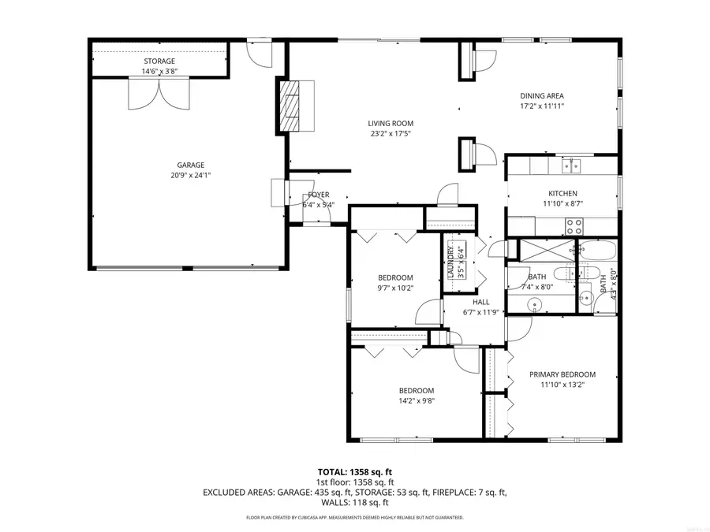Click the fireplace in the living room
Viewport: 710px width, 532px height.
click(293, 106)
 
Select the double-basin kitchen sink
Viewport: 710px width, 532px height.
click(571, 165)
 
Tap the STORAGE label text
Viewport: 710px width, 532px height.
click(159, 61)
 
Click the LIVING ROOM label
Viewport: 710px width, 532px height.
click(390, 123)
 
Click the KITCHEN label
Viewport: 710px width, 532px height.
click(562, 193)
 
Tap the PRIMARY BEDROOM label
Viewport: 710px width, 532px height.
click(562, 374)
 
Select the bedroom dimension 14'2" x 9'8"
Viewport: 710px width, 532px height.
click(416, 401)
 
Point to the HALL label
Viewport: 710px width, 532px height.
click(480, 302)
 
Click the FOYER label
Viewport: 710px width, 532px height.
click(319, 195)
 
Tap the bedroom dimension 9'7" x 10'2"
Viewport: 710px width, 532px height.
click(395, 288)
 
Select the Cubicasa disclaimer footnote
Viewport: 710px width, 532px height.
click(354, 518)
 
